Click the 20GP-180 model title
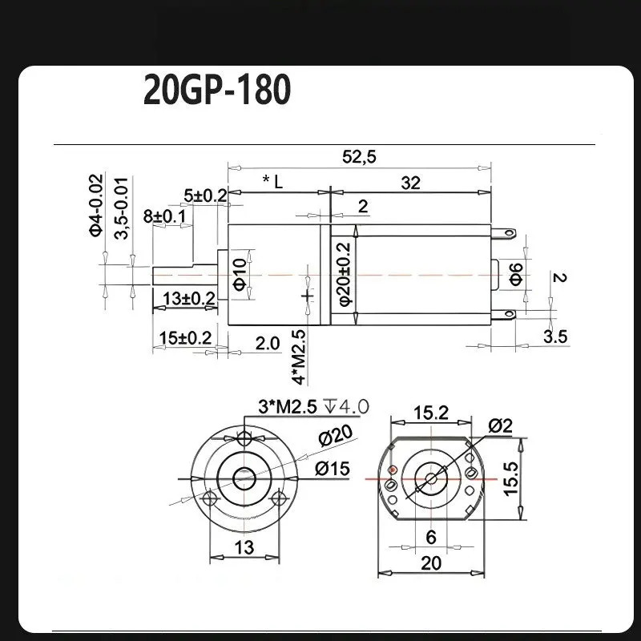tap(217, 90)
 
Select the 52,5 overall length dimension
tap(358, 156)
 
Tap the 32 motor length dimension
tap(410, 183)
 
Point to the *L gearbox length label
tap(272, 181)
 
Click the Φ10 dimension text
tap(240, 273)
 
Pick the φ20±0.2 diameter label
tap(345, 273)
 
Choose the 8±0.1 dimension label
tap(164, 216)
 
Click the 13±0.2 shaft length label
tap(189, 298)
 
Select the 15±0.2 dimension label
tap(185, 338)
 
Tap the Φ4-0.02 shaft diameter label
tap(95, 206)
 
